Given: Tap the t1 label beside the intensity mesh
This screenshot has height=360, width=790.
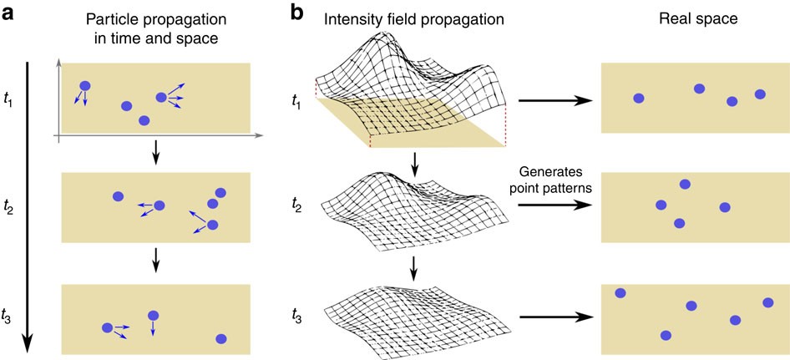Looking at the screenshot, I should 296,100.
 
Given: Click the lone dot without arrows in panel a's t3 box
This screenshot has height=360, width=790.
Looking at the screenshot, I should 221,339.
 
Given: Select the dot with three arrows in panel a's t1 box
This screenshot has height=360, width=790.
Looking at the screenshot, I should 161,98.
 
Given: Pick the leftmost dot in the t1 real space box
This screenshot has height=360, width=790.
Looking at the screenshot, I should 639,99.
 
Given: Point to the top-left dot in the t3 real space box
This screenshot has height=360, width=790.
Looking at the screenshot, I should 620,292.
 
